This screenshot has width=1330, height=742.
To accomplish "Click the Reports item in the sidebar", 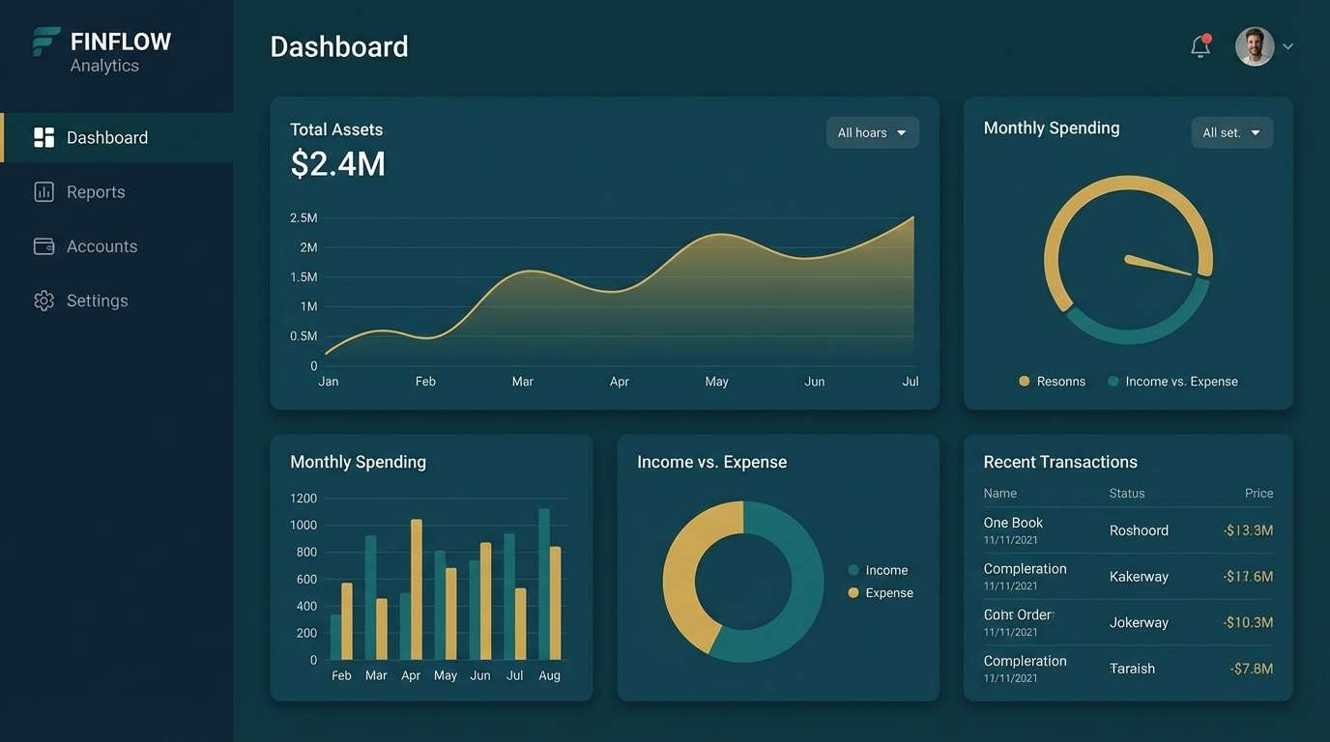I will [x=95, y=192].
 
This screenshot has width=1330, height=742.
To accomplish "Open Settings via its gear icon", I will [x=43, y=300].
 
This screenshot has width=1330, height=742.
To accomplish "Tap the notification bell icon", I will [x=1200, y=46].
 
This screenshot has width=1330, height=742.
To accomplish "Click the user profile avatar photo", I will [x=1255, y=46].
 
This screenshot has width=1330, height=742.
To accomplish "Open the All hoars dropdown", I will [x=872, y=132].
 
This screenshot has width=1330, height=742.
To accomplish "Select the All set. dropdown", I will [x=1231, y=132].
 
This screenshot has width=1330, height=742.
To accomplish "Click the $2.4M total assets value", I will [x=337, y=164].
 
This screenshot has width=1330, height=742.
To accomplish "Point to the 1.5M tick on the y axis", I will [x=304, y=277].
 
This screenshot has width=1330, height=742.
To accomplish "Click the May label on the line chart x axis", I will [x=716, y=382].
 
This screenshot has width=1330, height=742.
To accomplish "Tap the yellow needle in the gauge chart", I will [x=1158, y=265].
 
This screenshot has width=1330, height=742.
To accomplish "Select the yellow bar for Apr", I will [x=417, y=589].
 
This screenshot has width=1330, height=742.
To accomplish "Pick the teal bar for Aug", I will [x=544, y=584].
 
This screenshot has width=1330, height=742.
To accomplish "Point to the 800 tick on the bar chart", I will [x=306, y=553].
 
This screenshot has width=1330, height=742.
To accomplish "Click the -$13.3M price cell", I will [x=1247, y=530].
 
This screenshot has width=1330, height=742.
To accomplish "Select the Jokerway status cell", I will [x=1139, y=623].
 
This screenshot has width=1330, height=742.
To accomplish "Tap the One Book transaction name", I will [x=1013, y=523].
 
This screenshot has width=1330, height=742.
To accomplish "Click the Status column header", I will [x=1126, y=494].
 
